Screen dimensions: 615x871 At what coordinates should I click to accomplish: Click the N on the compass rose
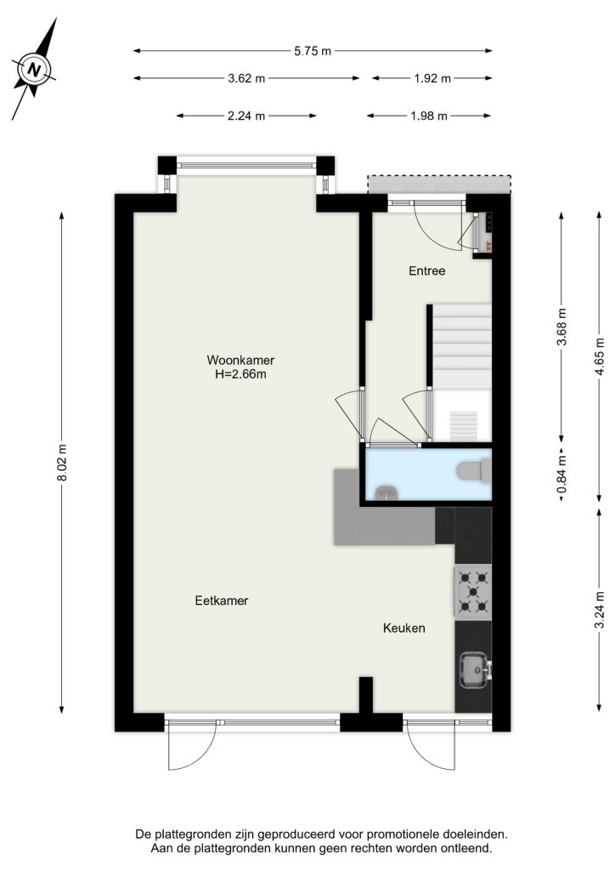[x=35, y=71]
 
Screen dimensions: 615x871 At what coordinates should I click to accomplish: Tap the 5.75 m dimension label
[x=313, y=51]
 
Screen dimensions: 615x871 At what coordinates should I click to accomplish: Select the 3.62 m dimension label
[x=247, y=78]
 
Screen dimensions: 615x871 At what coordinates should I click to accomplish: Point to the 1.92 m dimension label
[x=432, y=78]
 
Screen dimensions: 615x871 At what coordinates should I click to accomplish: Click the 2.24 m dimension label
[x=246, y=116]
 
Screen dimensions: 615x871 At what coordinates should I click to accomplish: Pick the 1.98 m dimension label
[x=429, y=116]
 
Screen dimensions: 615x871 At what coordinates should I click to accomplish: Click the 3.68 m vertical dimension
[x=561, y=327]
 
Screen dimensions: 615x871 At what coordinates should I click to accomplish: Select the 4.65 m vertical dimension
[x=600, y=356]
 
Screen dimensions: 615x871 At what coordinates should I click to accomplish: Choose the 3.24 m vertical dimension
[x=600, y=610]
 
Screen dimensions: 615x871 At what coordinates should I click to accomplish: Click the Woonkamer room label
[x=240, y=360]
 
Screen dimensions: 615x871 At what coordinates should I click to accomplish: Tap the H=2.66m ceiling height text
[x=240, y=374]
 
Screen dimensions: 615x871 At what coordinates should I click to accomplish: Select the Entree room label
[x=427, y=271]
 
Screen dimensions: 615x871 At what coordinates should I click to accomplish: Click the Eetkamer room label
[x=222, y=601]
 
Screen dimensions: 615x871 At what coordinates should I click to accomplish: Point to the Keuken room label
[x=404, y=629]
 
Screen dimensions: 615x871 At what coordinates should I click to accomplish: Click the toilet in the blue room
[x=474, y=470]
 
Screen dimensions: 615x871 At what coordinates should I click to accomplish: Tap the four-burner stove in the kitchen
[x=473, y=592]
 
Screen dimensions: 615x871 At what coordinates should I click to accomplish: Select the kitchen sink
[x=475, y=669]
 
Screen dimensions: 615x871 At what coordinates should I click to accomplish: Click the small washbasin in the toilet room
[x=386, y=492]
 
